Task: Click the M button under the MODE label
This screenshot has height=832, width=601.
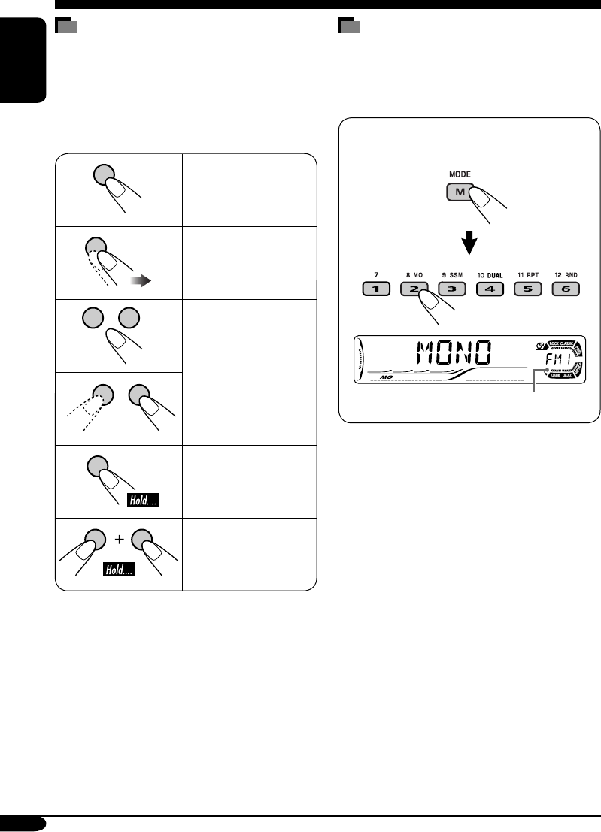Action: [458, 192]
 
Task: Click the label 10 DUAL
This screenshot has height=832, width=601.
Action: [490, 276]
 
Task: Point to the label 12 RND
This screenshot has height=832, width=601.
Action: [565, 276]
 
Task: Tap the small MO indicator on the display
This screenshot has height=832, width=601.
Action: [387, 377]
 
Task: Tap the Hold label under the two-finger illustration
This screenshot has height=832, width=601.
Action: [119, 571]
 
